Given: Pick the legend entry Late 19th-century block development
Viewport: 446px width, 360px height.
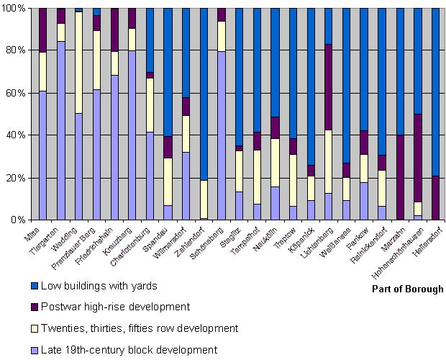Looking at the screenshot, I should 118,350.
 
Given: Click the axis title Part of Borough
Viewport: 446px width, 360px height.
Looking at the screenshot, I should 407,289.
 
